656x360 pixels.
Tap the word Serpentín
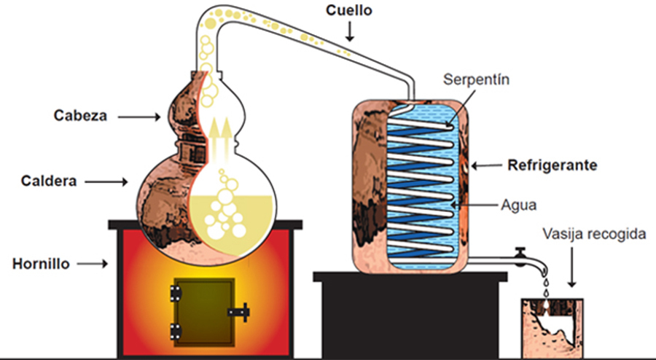[x=477, y=80]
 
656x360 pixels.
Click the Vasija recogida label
[x=595, y=235]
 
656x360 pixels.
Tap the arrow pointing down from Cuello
[x=351, y=31]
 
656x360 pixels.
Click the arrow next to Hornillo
[x=93, y=264]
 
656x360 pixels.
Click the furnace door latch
[x=239, y=312]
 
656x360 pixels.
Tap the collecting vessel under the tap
[x=552, y=327]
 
